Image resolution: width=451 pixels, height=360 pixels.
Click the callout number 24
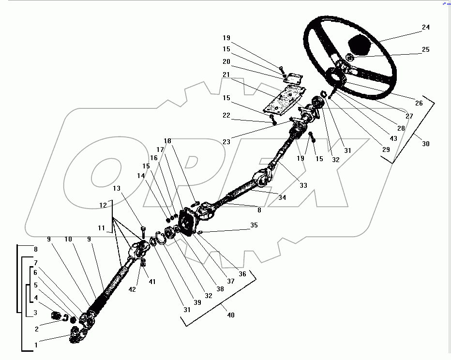tap(426, 28)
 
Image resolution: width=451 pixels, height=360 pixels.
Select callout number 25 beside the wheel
tap(426, 50)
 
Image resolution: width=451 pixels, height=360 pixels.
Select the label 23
tap(226, 141)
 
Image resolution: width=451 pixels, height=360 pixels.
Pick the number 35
tap(254, 225)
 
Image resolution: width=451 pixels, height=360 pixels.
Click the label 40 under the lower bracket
tap(231, 315)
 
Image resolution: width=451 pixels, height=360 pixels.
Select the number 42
tap(132, 289)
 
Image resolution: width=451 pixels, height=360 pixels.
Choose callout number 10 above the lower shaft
tap(68, 239)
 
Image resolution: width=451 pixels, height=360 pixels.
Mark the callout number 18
tap(167, 141)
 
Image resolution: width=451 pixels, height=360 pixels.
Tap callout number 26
tap(419, 103)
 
